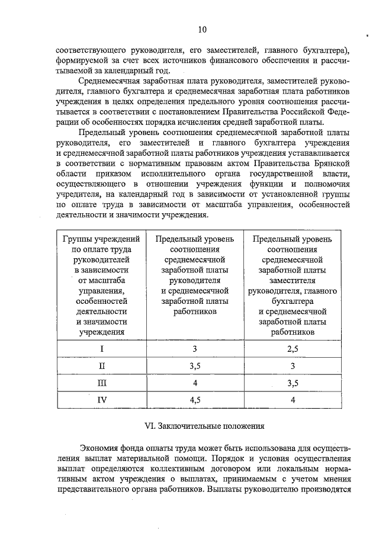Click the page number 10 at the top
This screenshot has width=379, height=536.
[202, 29]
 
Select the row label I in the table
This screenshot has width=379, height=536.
[101, 348]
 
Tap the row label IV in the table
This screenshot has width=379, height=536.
[101, 400]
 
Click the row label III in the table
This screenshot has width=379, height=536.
[101, 383]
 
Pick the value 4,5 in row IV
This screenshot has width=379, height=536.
[195, 400]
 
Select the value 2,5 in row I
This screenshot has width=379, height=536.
[293, 348]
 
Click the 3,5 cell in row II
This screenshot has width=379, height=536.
[195, 365]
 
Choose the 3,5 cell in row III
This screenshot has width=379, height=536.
[293, 383]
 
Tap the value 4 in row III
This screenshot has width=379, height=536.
[195, 383]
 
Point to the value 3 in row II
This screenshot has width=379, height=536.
[293, 365]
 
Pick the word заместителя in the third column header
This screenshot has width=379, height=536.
[293, 281]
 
